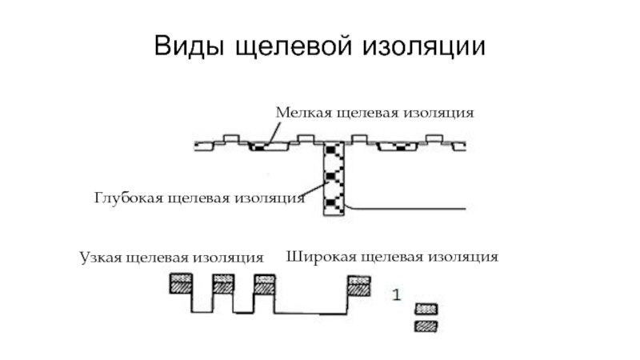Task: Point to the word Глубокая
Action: pos(128,197)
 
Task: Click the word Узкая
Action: pos(101,257)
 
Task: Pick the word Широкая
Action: pos(316,257)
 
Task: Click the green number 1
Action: pos(395,294)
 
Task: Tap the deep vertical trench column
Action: pos(332,179)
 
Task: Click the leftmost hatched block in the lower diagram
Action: pos(180,284)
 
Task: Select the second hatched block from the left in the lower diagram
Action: pos(222,284)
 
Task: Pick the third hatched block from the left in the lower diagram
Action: pos(264,284)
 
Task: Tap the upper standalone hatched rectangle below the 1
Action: pos(426,309)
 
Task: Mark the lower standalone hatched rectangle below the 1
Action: pos(426,326)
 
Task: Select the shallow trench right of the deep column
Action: pos(398,147)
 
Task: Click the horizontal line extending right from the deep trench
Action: pos(408,209)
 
